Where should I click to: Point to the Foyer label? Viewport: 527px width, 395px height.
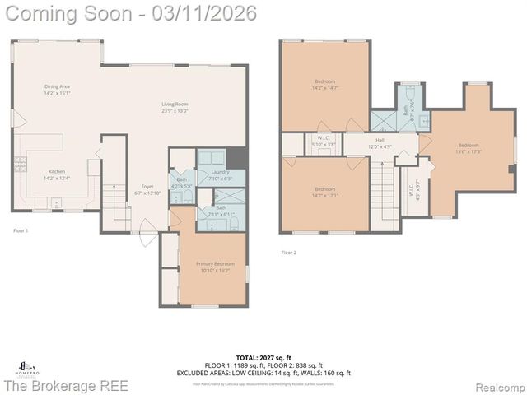point(147,189)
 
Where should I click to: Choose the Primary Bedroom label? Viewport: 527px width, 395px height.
point(211,267)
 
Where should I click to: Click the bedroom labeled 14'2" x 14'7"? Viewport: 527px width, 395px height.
point(324,85)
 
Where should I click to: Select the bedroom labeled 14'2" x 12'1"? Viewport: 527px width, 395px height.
point(324,192)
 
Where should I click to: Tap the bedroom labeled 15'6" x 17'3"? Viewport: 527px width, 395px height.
point(468,148)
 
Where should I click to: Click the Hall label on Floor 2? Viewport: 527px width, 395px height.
point(380,143)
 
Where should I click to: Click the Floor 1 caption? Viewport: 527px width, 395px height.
point(21,231)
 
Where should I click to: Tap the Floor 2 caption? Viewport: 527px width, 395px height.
point(288,253)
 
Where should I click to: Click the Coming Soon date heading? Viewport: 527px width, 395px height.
point(129,13)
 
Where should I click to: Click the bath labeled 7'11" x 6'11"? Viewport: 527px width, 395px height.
point(222,210)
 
